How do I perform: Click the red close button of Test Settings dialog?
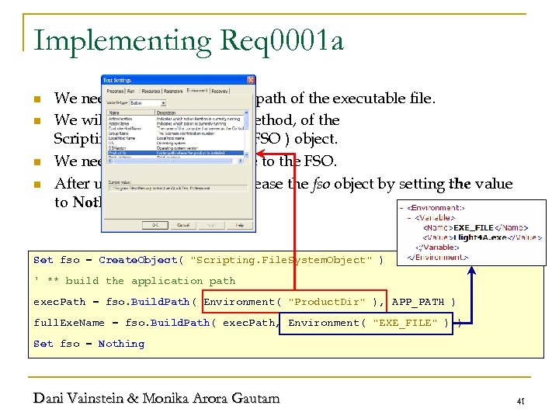click(x=250, y=79)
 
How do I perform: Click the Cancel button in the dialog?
click(x=182, y=225)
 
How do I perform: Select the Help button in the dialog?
click(x=238, y=225)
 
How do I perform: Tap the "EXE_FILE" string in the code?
click(x=404, y=323)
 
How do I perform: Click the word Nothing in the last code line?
click(x=121, y=344)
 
